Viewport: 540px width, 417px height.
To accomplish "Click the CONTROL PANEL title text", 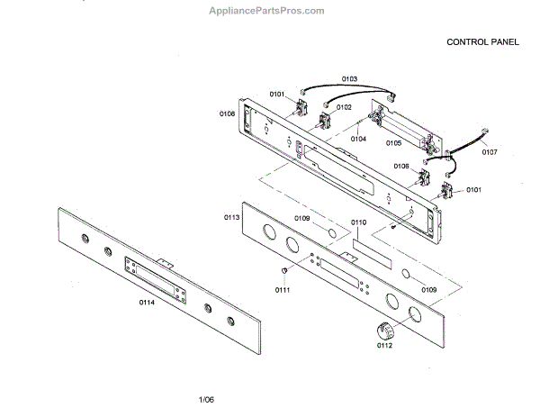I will click(486, 41).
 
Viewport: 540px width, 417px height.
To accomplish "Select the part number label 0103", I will click(349, 79).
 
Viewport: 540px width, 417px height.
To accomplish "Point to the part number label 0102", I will click(345, 106).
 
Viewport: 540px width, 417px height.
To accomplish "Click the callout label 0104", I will click(358, 139).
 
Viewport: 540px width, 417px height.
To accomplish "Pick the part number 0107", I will click(488, 153).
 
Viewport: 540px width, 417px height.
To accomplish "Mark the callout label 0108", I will click(227, 113).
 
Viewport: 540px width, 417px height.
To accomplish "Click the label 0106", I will click(401, 166).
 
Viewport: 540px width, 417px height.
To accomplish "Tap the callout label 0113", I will click(231, 217).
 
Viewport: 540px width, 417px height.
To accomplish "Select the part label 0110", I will click(358, 222).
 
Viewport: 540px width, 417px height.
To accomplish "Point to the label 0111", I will click(283, 289).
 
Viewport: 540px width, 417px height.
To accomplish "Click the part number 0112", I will click(385, 345).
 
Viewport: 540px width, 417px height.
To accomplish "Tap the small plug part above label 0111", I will click(283, 270).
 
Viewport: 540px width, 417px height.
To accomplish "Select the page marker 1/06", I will click(206, 399).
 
